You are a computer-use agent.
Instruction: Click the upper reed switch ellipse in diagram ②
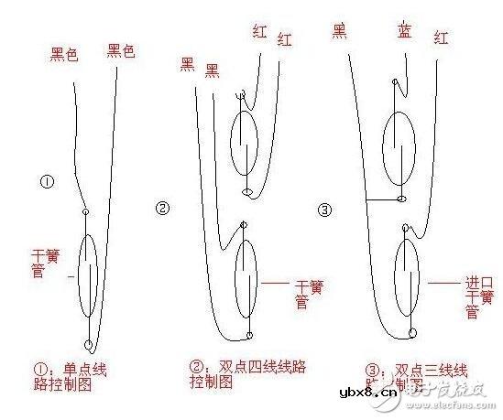[x=245, y=145]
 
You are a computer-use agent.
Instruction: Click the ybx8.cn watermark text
[x=368, y=393]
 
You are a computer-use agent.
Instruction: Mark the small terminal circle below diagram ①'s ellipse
[x=88, y=345]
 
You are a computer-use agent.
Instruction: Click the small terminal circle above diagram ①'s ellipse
[x=86, y=212]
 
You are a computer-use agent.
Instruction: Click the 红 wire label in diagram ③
[x=443, y=39]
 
